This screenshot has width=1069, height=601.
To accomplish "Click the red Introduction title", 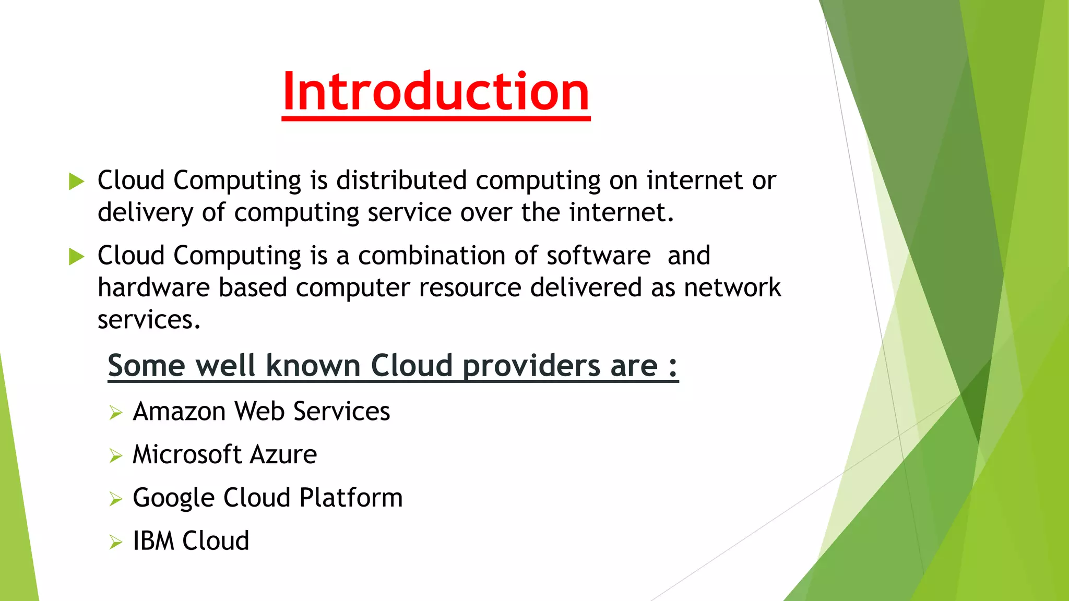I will [436, 92].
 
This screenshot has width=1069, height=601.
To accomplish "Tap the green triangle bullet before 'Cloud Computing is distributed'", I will [77, 181].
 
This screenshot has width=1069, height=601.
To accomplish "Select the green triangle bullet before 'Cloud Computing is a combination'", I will [77, 256].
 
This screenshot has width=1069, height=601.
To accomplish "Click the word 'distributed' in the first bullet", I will [401, 181].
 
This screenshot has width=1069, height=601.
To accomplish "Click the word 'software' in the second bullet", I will [599, 256].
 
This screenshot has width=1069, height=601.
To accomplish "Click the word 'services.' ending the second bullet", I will [149, 320].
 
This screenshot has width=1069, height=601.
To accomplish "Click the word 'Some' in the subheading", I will [146, 365].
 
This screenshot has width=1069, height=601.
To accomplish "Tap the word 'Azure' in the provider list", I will [283, 454].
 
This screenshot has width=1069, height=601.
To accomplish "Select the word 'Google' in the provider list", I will [173, 498].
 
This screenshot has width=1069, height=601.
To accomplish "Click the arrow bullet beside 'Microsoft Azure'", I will [116, 456].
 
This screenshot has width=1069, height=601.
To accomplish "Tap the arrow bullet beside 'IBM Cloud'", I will [116, 543].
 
